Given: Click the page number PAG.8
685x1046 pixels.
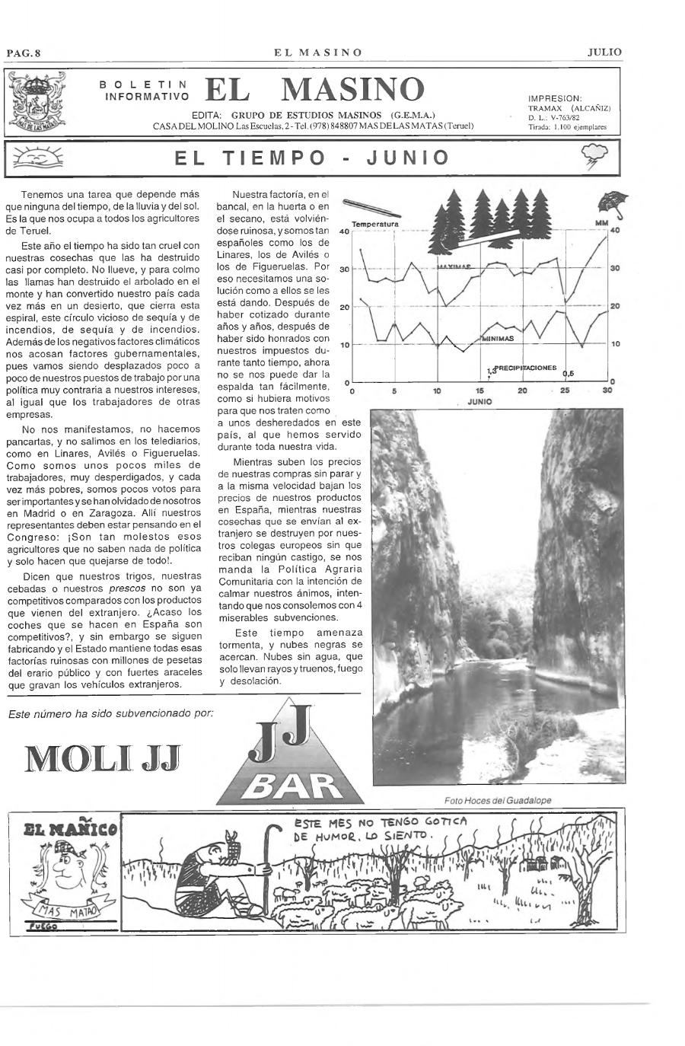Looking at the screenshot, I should coord(23,53).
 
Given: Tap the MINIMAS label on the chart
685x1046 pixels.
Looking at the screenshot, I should coord(497,339).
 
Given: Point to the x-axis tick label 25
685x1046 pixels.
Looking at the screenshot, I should coord(564,391).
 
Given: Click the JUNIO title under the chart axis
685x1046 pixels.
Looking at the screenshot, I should coord(479,401).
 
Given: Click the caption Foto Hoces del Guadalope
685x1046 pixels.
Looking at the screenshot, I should coord(498,800).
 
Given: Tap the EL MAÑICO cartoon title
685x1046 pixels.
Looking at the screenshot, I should coord(65,829).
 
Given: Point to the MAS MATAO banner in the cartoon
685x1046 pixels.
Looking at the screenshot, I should coord(64,911).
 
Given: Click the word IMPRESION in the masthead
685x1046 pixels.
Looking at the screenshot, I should coord(555,98).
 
